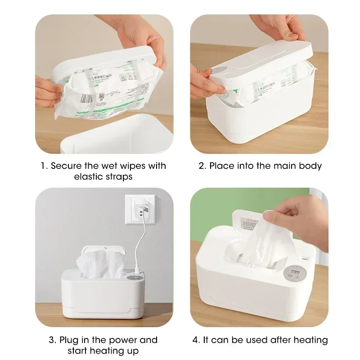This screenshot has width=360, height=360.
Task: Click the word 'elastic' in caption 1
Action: (x=89, y=177)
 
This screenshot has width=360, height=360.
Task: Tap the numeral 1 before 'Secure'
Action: (x=43, y=166)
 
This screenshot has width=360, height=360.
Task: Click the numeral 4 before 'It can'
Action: (x=195, y=340)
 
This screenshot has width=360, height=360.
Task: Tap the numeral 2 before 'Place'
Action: (x=202, y=166)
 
